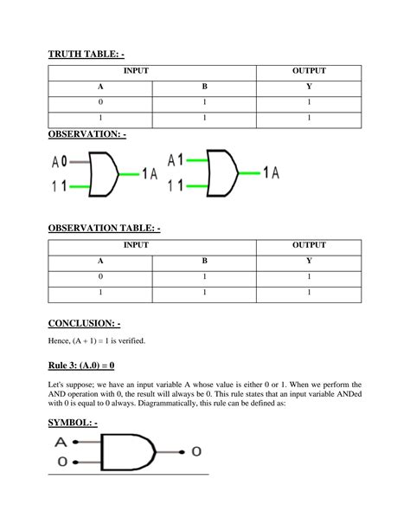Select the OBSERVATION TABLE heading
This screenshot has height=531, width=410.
pos(104,228)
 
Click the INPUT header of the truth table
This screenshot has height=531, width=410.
pos(151,71)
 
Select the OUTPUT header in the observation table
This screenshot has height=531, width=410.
pos(309,245)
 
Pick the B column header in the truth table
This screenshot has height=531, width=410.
pos(204,87)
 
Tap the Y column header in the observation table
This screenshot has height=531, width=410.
pos(309,260)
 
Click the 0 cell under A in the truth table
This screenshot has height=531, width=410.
pos(100,102)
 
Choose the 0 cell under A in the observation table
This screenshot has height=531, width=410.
pos(100,276)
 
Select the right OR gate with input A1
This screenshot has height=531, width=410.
pos(221,173)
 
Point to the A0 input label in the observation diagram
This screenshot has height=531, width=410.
pos(59,161)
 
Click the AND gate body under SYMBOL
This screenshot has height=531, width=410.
pos(128,453)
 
